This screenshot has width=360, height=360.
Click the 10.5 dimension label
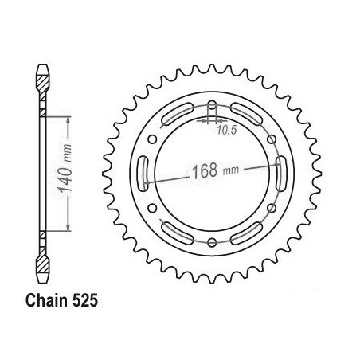click(x=226, y=130)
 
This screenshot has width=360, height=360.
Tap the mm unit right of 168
click(x=231, y=170)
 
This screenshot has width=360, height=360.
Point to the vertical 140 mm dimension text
click(x=65, y=169)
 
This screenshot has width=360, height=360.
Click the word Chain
click(x=46, y=301)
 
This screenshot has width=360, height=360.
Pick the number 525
click(x=84, y=301)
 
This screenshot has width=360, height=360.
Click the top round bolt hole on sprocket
click(x=212, y=105)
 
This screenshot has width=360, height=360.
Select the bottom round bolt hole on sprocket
click(x=212, y=242)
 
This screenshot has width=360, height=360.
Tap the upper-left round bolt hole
click(x=152, y=139)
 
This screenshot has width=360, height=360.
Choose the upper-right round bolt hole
click(x=272, y=139)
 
